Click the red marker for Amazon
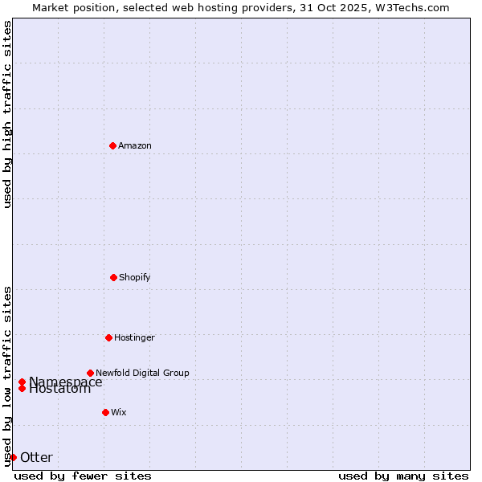[112, 145]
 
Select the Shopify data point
[113, 277]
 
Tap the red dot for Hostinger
[108, 337]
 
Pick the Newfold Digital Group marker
[90, 373]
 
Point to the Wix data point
[105, 412]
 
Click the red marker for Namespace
[22, 382]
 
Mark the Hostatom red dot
[22, 389]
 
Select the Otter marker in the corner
[13, 457]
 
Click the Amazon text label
[135, 145]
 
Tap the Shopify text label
[135, 277]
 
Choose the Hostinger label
[134, 337]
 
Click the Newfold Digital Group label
[142, 373]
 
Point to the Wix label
[119, 412]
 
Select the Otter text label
[36, 458]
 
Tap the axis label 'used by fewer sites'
[83, 476]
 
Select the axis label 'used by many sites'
[403, 476]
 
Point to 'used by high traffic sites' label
[7, 114]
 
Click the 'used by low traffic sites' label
[7, 376]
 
